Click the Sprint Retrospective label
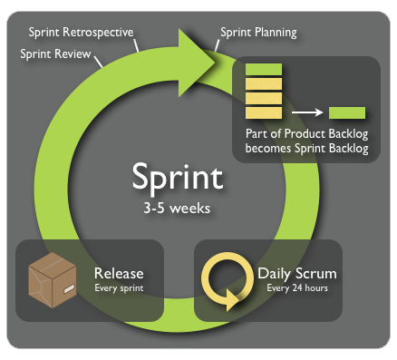pos(80,33)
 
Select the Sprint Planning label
pos(258,33)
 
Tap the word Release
pos(119,273)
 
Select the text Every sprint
pos(118,289)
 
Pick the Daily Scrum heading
pos(297,272)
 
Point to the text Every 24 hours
pos(297,289)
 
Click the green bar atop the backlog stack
pos(264,69)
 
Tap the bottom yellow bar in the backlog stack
pos(264,113)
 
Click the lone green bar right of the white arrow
pos(346,113)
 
